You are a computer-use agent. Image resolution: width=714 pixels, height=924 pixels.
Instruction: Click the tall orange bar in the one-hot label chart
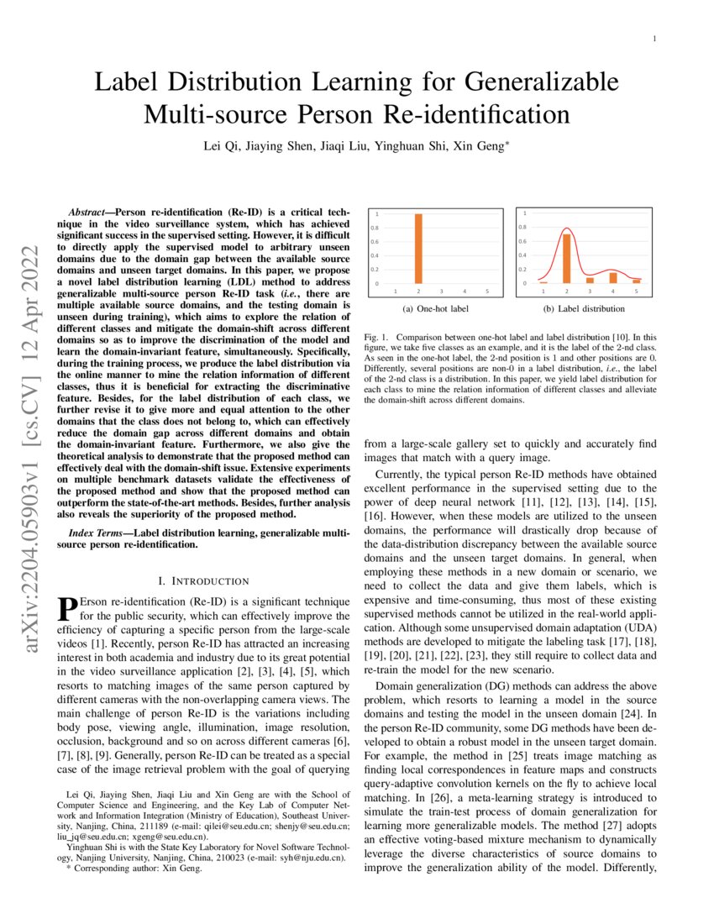[418, 249]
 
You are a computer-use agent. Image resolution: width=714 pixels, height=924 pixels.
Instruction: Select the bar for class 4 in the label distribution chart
[612, 277]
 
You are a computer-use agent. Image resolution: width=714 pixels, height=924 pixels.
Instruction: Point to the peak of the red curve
[567, 228]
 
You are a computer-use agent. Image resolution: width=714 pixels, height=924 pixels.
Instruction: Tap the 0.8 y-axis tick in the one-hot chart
[375, 228]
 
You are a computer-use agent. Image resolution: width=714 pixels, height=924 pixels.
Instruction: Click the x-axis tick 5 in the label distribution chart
[636, 291]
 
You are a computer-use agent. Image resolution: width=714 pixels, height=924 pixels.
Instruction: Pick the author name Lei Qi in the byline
[219, 146]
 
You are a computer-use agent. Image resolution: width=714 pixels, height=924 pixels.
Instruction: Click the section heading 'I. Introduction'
[203, 580]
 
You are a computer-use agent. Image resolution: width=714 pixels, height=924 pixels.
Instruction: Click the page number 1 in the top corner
[654, 39]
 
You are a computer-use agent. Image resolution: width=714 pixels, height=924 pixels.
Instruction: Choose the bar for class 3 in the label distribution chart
[590, 280]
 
